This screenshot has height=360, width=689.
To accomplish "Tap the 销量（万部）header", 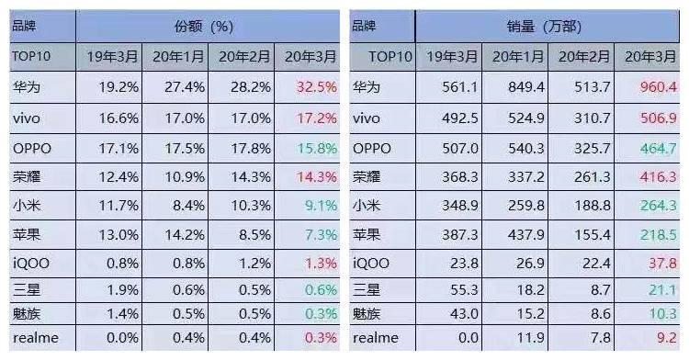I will click(548, 26).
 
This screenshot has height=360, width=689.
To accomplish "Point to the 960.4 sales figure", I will click(650, 89).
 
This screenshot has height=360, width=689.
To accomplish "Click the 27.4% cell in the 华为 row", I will click(175, 89).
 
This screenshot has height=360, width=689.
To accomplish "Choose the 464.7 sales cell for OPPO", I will click(650, 148).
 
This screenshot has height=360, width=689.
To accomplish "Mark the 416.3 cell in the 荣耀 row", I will click(650, 177).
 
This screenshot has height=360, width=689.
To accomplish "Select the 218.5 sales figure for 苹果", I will click(650, 235).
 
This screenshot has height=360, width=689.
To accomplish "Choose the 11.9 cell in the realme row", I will click(517, 338).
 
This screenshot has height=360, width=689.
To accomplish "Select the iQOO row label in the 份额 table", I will click(30, 264).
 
